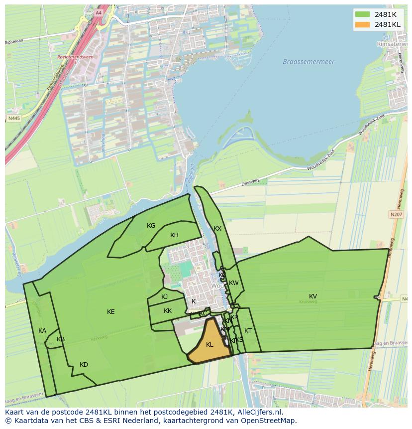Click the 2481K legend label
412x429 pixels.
(x=385, y=14)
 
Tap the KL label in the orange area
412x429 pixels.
(x=209, y=344)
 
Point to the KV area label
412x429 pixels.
(x=312, y=296)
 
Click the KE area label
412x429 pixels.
(x=110, y=312)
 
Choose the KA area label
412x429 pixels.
(x=42, y=331)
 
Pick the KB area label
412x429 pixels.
(x=61, y=339)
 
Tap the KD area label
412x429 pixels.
(x=84, y=365)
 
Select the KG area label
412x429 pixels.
(x=151, y=226)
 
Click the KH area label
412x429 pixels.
(x=174, y=235)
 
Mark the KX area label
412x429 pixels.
(x=217, y=229)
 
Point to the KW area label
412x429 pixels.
(x=234, y=283)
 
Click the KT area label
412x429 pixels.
(x=248, y=331)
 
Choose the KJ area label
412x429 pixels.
(x=164, y=297)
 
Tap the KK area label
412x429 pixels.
(x=168, y=311)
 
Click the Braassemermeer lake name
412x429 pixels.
(x=309, y=62)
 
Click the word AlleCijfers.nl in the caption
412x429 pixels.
(x=258, y=412)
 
